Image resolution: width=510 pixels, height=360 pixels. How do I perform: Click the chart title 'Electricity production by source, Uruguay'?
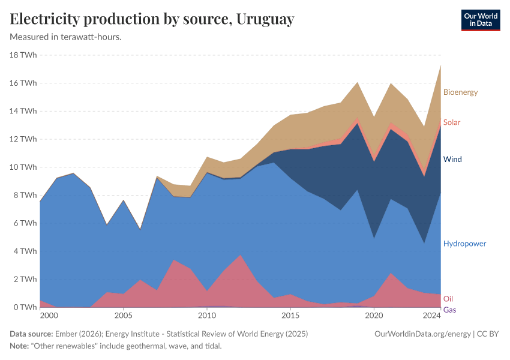click(x=152, y=19)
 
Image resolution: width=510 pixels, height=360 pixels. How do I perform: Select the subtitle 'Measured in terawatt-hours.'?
click(x=66, y=37)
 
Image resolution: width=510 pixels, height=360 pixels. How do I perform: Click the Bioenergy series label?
click(x=460, y=92)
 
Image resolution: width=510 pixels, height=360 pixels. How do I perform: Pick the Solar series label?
click(x=452, y=122)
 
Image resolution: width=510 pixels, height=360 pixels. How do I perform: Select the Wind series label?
click(x=452, y=160)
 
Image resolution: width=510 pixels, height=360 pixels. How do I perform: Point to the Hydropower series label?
click(x=464, y=244)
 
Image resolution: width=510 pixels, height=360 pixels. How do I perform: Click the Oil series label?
click(x=448, y=299)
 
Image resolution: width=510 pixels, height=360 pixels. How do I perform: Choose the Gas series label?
click(x=449, y=310)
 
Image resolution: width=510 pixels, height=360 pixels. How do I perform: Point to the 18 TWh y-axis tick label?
click(x=23, y=55)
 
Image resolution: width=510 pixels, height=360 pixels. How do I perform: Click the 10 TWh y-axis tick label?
click(x=23, y=167)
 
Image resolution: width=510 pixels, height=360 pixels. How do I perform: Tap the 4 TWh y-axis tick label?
click(x=25, y=251)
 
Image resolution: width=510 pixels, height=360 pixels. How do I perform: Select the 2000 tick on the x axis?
click(x=49, y=316)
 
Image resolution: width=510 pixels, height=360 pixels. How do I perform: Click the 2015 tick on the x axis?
click(x=290, y=316)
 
